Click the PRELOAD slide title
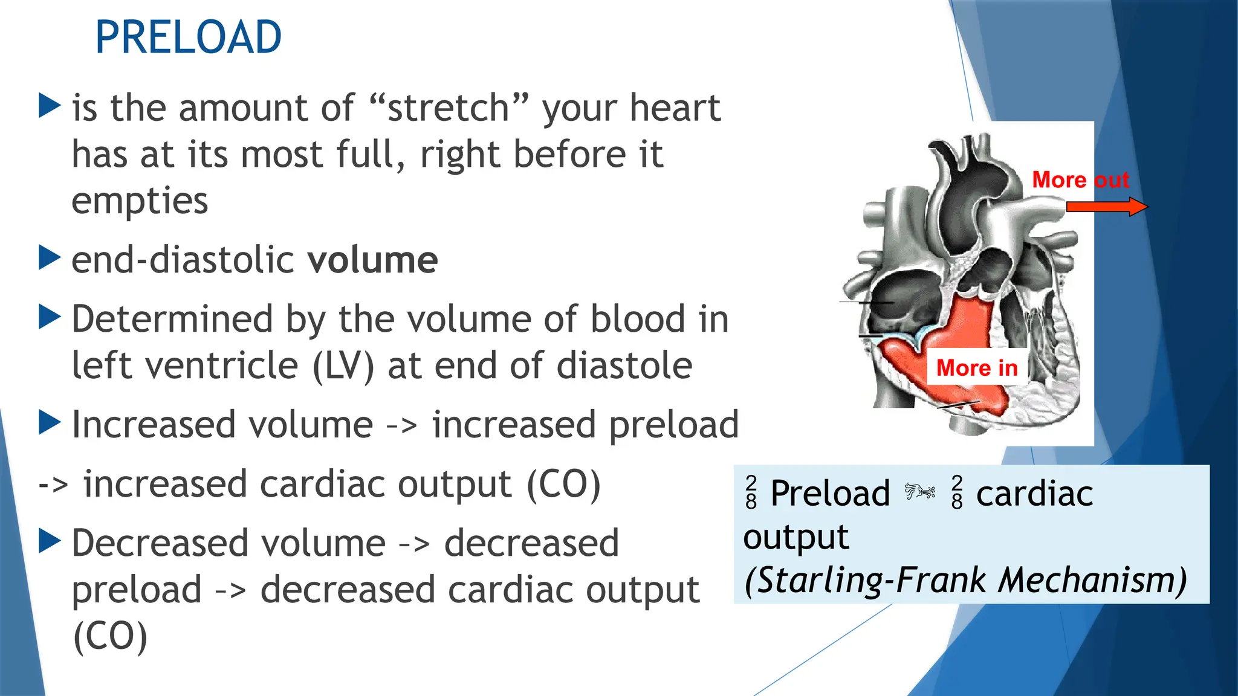pyautogui.click(x=188, y=37)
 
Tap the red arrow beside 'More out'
pyautogui.click(x=1106, y=207)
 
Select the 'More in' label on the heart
pyautogui.click(x=976, y=367)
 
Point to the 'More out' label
pyautogui.click(x=1080, y=179)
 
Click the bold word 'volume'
pyautogui.click(x=372, y=260)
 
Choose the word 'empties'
pyautogui.click(x=140, y=201)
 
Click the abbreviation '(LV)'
pyautogui.click(x=343, y=366)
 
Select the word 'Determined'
pyautogui.click(x=172, y=319)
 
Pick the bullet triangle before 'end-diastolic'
pyautogui.click(x=50, y=257)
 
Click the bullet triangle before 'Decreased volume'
pyautogui.click(x=50, y=541)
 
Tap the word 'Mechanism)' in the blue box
pyautogui.click(x=1093, y=580)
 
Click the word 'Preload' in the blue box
pyautogui.click(x=830, y=493)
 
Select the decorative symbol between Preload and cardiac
pyautogui.click(x=920, y=492)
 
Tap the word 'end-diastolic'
pyautogui.click(x=183, y=260)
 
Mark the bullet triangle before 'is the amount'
pyautogui.click(x=50, y=106)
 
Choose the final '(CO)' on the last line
pyautogui.click(x=110, y=637)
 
